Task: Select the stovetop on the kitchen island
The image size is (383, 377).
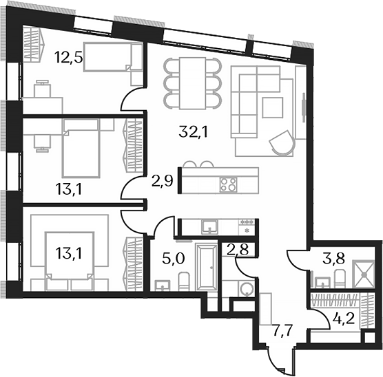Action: [x=228, y=184]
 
